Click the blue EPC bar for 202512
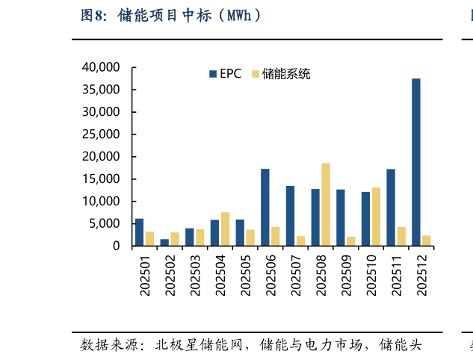pyautogui.click(x=415, y=162)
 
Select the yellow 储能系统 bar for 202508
pyautogui.click(x=326, y=205)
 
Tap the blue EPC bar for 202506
pyautogui.click(x=265, y=208)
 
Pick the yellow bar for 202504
pyautogui.click(x=225, y=229)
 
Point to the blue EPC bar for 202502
pyautogui.click(x=164, y=242)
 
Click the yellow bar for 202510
pyautogui.click(x=376, y=217)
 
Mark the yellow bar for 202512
pyautogui.click(x=426, y=240)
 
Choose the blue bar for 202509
pyautogui.click(x=341, y=217)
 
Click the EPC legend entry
pyautogui.click(x=225, y=74)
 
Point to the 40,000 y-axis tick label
pyautogui.click(x=99, y=67)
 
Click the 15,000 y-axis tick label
pyautogui.click(x=99, y=179)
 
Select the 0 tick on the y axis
pyautogui.click(x=116, y=246)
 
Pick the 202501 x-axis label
pyautogui.click(x=145, y=276)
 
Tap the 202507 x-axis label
pyautogui.click(x=296, y=276)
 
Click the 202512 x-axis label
pyautogui.click(x=421, y=276)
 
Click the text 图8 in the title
pyautogui.click(x=95, y=15)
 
